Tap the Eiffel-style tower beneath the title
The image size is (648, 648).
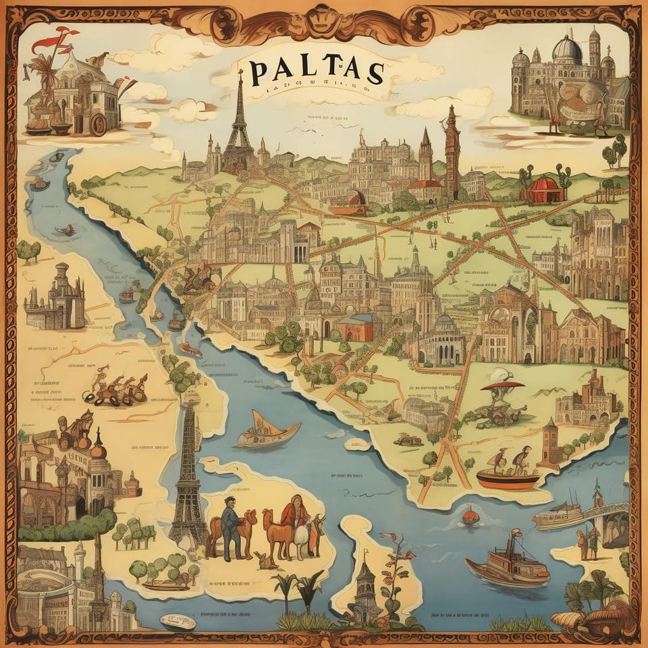pos(239,128)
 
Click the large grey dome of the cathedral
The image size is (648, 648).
pos(566,51)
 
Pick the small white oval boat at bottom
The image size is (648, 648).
pos(178,621)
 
